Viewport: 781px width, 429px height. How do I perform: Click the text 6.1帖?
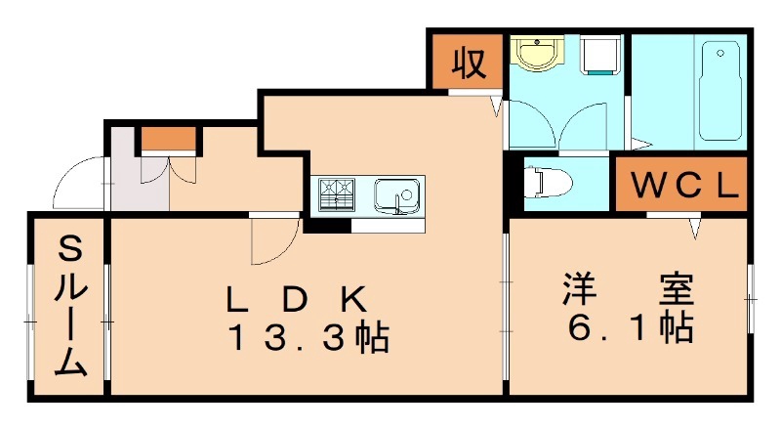(x=628, y=326)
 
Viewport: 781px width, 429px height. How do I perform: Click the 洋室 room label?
(x=628, y=289)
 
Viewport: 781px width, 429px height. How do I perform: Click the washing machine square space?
(x=600, y=57)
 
